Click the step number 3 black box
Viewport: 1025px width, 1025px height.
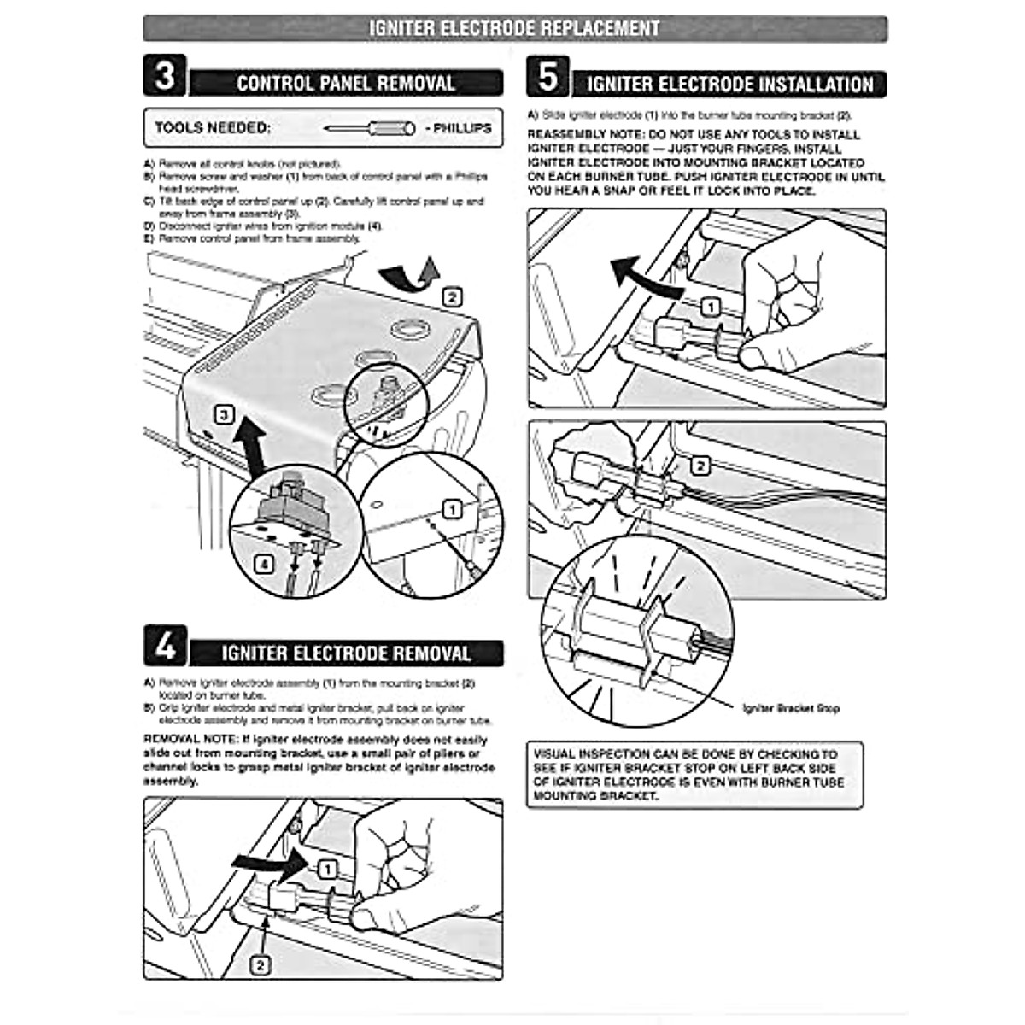pyautogui.click(x=165, y=76)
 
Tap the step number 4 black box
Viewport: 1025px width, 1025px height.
pyautogui.click(x=165, y=646)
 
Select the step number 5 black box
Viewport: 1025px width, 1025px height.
pyautogui.click(x=548, y=77)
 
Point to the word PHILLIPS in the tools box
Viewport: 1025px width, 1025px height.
pyautogui.click(x=462, y=128)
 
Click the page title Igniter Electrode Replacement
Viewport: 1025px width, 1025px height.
pyautogui.click(x=514, y=28)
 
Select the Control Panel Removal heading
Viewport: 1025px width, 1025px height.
pyautogui.click(x=345, y=84)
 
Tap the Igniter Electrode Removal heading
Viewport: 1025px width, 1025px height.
pyautogui.click(x=346, y=654)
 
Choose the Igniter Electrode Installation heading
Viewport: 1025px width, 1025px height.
pyautogui.click(x=730, y=85)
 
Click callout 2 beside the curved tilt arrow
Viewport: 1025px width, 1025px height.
pyautogui.click(x=453, y=297)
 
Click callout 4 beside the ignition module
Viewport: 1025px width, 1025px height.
pyautogui.click(x=265, y=565)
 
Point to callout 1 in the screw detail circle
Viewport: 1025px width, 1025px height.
pyautogui.click(x=453, y=510)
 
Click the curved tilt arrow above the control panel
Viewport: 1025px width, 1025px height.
pyautogui.click(x=407, y=275)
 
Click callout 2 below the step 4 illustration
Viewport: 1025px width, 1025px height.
pyautogui.click(x=261, y=965)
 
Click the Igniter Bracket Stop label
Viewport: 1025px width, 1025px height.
pyautogui.click(x=792, y=708)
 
